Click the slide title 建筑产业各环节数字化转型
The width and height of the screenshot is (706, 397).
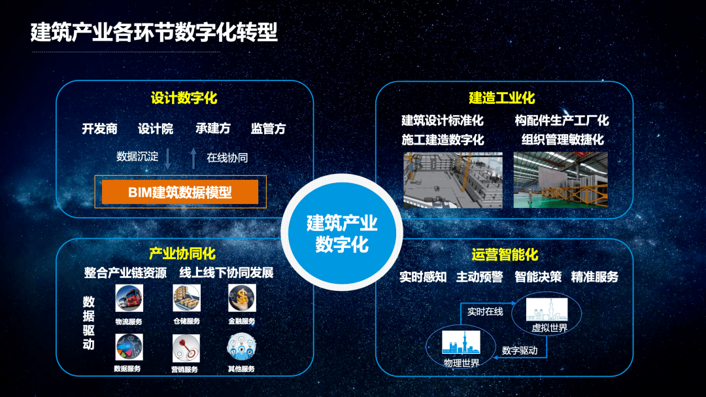pyautogui.click(x=154, y=32)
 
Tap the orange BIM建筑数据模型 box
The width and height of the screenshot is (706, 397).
pyautogui.click(x=180, y=192)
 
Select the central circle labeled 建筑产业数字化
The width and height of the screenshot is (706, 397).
pyautogui.click(x=342, y=233)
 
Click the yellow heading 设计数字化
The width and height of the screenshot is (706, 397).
pyautogui.click(x=184, y=99)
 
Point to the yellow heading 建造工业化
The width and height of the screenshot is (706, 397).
pyautogui.click(x=501, y=98)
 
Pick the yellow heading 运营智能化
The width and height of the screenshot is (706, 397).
pyautogui.click(x=505, y=255)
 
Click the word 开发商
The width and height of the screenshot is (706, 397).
pyautogui.click(x=99, y=129)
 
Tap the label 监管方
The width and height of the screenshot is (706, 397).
pyautogui.click(x=268, y=129)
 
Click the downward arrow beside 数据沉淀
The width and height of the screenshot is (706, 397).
pyautogui.click(x=168, y=158)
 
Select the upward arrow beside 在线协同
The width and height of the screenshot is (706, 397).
pyautogui.click(x=193, y=158)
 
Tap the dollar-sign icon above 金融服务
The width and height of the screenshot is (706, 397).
pyautogui.click(x=241, y=298)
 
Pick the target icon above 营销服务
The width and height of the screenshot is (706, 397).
pyautogui.click(x=186, y=348)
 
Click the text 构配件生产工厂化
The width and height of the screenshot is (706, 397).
pyautogui.click(x=561, y=120)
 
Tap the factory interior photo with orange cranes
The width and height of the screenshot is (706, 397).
pyautogui.click(x=560, y=180)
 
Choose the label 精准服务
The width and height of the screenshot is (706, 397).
pyautogui.click(x=594, y=277)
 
